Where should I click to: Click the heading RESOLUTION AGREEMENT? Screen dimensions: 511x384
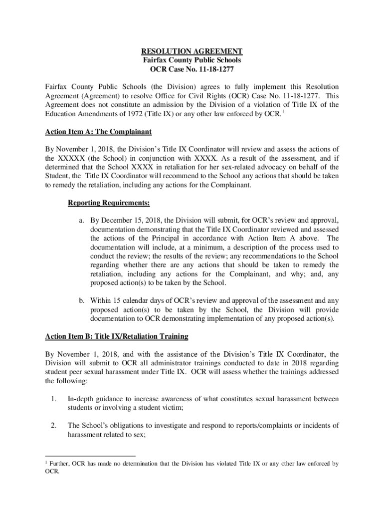tap(192, 51)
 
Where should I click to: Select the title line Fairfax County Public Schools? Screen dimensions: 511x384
tap(192, 60)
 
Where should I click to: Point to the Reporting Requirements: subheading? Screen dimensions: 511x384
tap(109, 203)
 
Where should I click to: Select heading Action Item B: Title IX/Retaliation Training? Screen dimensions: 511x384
tap(117, 336)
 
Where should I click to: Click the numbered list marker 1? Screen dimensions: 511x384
tap(53, 399)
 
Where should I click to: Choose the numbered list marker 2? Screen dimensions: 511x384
tap(53, 426)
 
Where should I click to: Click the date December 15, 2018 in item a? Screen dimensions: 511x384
tap(131, 220)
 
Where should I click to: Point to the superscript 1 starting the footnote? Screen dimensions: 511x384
tap(46, 463)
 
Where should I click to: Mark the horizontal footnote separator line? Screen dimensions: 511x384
tap(90, 456)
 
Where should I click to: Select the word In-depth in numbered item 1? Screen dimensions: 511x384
tap(81, 399)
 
